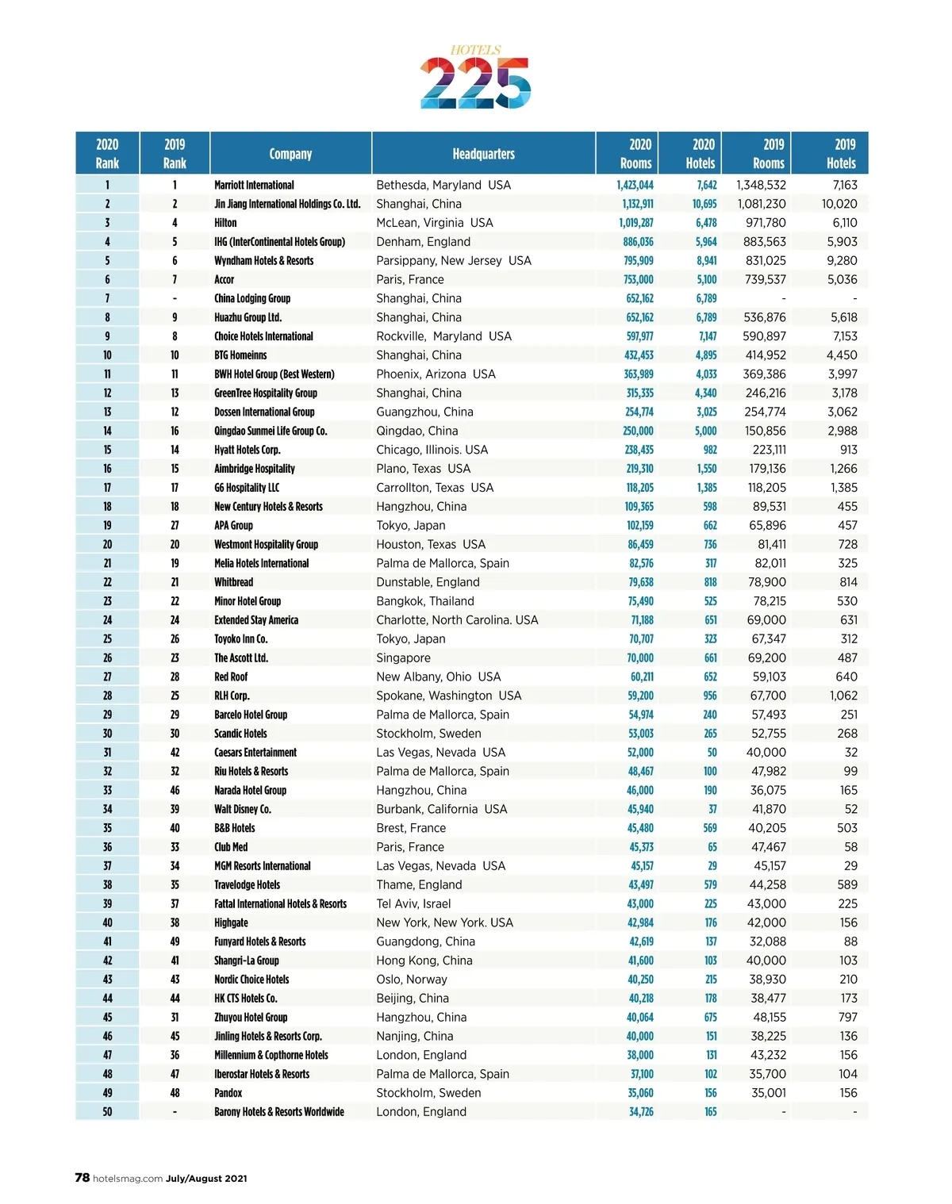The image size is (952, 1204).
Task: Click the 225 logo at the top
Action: click(475, 82)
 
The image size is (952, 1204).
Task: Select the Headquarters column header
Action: click(483, 154)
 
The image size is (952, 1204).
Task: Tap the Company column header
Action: click(290, 154)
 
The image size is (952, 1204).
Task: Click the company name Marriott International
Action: click(254, 185)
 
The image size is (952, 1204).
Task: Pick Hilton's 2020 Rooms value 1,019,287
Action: click(637, 223)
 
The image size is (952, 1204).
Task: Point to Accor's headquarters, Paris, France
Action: click(410, 279)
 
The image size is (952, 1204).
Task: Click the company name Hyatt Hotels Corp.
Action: click(247, 450)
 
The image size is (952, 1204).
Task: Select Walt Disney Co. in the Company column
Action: click(242, 809)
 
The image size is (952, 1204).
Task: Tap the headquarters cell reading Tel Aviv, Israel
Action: click(413, 903)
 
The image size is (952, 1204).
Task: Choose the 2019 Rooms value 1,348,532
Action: click(761, 185)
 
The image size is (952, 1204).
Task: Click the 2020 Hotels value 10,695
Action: click(704, 204)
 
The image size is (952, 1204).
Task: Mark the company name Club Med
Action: click(231, 847)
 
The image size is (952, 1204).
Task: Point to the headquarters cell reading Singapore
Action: click(403, 658)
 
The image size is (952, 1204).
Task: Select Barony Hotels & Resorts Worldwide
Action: click(279, 1112)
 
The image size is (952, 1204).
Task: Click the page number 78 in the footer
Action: click(83, 1178)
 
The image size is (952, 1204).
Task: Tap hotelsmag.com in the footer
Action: click(128, 1179)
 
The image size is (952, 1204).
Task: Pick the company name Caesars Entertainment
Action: click(255, 752)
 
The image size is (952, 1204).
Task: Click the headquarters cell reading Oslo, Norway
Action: click(412, 980)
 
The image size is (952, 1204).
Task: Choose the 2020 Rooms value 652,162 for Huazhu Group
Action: click(639, 317)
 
